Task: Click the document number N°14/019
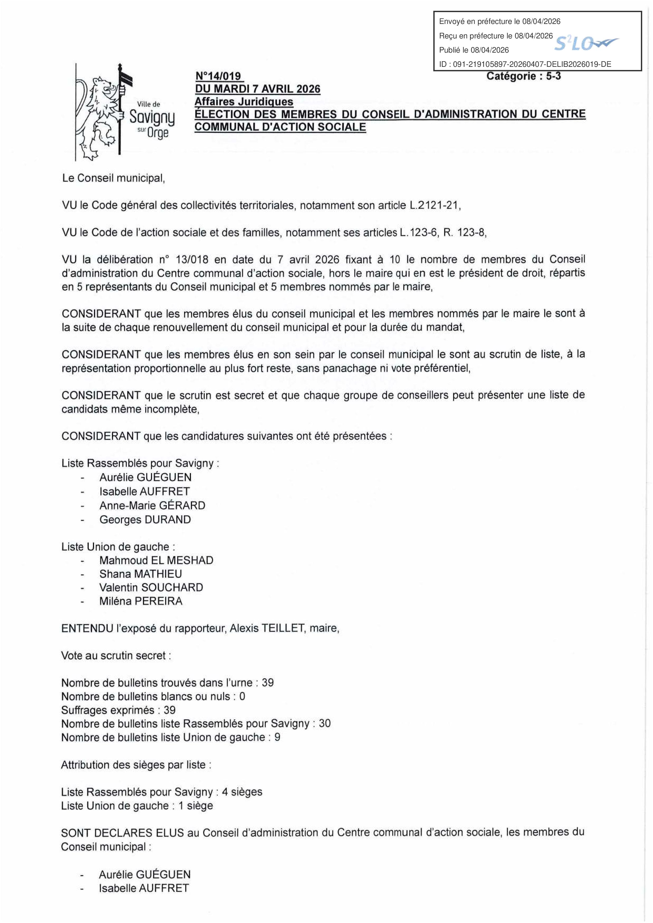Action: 218,76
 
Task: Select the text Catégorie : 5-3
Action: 523,76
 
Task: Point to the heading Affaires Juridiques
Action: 244,102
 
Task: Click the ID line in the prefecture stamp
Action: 525,64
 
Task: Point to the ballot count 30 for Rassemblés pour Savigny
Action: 325,723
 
